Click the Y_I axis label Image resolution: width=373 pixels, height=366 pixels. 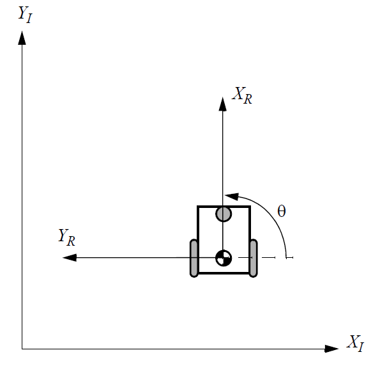click(25, 15)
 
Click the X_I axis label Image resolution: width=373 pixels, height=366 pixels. click(355, 343)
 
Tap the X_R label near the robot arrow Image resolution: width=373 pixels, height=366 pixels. click(242, 95)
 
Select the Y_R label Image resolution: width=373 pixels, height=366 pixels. click(67, 237)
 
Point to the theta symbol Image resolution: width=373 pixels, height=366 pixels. click(282, 211)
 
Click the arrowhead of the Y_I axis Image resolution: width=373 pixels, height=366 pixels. click(22, 38)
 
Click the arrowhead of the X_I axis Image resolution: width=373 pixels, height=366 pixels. click(331, 349)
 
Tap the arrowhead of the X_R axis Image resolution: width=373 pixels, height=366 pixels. click(223, 104)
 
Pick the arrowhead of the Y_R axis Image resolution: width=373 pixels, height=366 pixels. click(70, 258)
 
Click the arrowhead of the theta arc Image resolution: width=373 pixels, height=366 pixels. click(231, 196)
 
